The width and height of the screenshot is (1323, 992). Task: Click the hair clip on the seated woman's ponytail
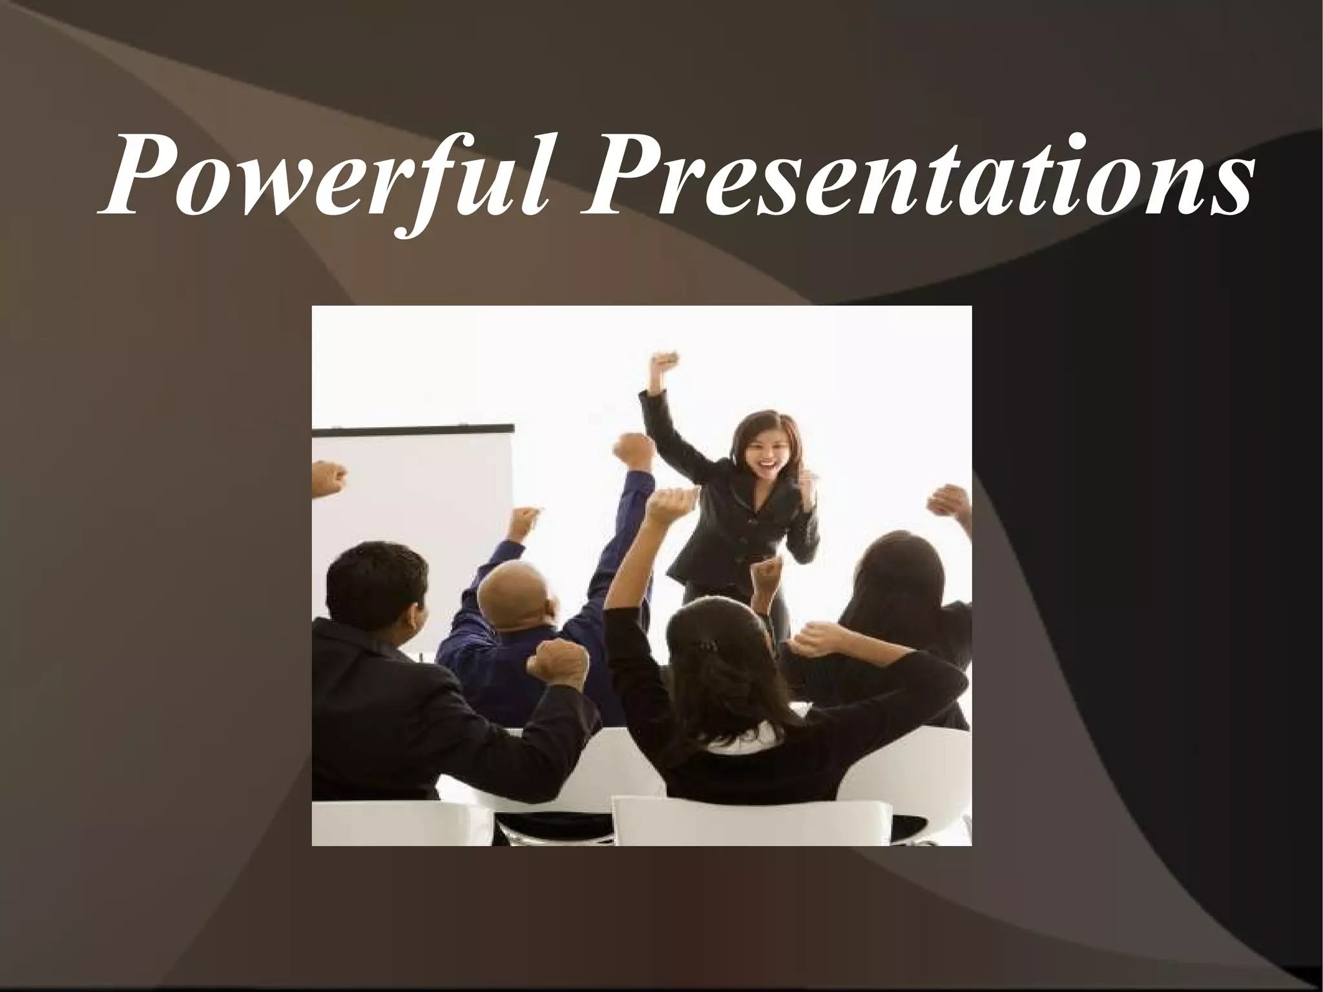click(710, 646)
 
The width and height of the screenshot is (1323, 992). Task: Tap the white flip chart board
click(413, 504)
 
